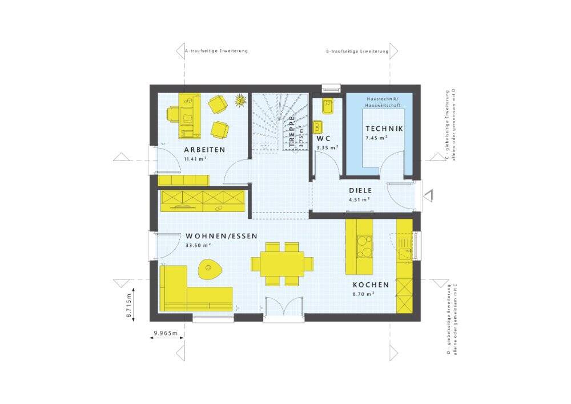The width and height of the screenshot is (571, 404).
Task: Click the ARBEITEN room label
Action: [204, 150]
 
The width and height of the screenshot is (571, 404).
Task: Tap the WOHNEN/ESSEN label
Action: [222, 236]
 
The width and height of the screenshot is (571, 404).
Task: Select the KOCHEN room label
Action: [371, 285]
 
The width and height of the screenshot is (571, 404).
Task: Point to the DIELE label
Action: [360, 190]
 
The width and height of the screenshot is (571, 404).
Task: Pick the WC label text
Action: [324, 139]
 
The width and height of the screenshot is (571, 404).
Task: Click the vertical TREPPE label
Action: [292, 131]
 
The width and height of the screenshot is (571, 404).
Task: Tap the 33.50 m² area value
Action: [198, 245]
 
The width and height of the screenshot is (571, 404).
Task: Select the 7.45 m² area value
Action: [376, 138]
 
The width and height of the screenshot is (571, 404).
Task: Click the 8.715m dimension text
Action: [129, 305]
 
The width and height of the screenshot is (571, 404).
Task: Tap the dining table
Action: [282, 264]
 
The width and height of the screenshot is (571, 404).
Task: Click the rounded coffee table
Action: [208, 269]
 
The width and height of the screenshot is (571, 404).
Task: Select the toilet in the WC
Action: [327, 106]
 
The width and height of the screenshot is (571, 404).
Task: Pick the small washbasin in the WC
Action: [318, 127]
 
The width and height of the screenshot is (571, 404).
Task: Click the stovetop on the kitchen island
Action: [364, 246]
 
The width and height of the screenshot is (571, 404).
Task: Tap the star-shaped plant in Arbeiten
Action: [240, 100]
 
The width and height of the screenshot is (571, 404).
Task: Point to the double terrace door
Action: [284, 309]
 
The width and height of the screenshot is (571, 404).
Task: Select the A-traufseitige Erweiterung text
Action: [216, 51]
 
